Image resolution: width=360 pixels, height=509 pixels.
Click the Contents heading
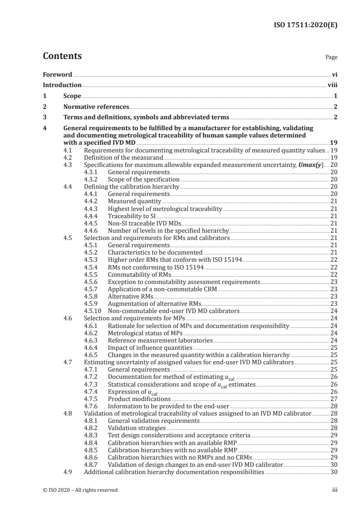(x=62, y=56)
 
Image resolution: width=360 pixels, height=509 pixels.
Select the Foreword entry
(x=57, y=74)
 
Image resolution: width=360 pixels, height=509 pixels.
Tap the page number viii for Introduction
(x=332, y=85)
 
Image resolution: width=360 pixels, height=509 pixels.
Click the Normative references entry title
(x=96, y=107)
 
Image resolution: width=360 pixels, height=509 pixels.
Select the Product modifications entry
(x=139, y=398)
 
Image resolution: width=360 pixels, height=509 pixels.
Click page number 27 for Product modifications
(x=334, y=398)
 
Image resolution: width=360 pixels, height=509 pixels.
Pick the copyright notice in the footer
(x=80, y=489)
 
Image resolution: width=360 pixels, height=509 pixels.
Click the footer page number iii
(x=335, y=489)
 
